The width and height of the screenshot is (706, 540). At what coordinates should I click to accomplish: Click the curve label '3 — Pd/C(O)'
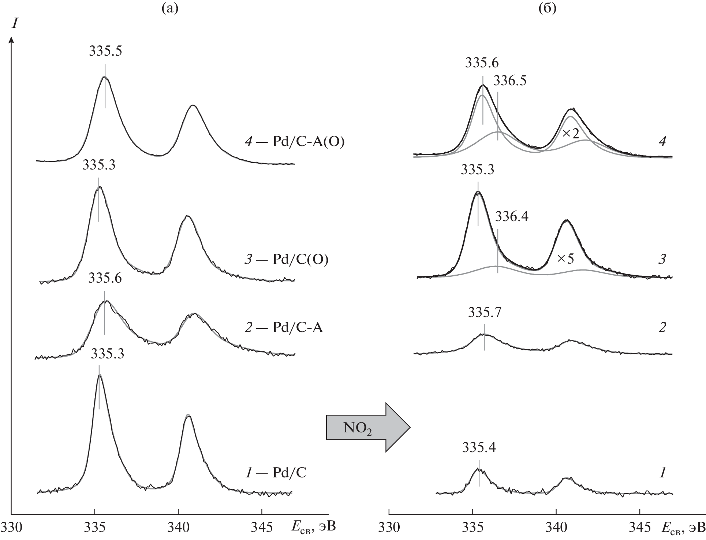(286, 259)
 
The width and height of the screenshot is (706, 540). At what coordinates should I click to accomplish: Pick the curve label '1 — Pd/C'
(275, 473)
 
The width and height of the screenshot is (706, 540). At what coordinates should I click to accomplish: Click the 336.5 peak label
(509, 81)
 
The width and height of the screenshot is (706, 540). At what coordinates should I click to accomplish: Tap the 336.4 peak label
(512, 217)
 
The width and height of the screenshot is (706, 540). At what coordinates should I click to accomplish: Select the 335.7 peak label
(485, 313)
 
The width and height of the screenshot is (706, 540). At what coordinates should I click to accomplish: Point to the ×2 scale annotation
(571, 134)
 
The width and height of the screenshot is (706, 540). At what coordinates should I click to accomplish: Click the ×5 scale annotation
(565, 259)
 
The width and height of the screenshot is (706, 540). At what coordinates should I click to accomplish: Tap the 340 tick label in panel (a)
(178, 527)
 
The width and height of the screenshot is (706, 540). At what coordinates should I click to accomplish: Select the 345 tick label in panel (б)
(639, 527)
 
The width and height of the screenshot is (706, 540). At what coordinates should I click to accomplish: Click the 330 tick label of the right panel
(389, 527)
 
